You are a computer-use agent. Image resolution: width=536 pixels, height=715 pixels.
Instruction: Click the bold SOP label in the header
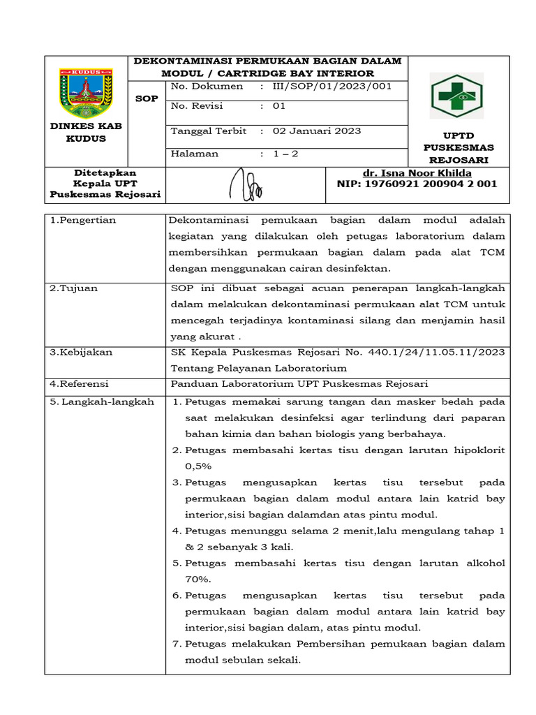tap(147, 98)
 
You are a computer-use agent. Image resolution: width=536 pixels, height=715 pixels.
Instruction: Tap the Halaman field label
tap(195, 154)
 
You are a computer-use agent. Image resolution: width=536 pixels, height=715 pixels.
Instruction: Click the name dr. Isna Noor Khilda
tap(417, 173)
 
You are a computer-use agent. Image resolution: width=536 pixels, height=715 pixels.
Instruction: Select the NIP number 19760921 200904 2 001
tap(417, 184)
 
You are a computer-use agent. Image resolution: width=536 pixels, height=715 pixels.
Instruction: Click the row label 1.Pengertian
tap(83, 220)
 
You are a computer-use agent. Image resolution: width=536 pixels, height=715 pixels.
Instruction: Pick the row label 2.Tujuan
tap(73, 288)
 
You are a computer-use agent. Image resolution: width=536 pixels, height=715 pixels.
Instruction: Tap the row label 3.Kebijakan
tap(81, 352)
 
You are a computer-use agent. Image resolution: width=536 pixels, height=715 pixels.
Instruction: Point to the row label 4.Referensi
tap(80, 384)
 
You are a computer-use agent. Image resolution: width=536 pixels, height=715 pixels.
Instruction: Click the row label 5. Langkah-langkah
tap(102, 402)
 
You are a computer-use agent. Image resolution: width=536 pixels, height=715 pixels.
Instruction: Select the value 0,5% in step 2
tap(198, 466)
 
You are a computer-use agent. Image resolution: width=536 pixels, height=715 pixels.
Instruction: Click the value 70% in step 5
tap(198, 579)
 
